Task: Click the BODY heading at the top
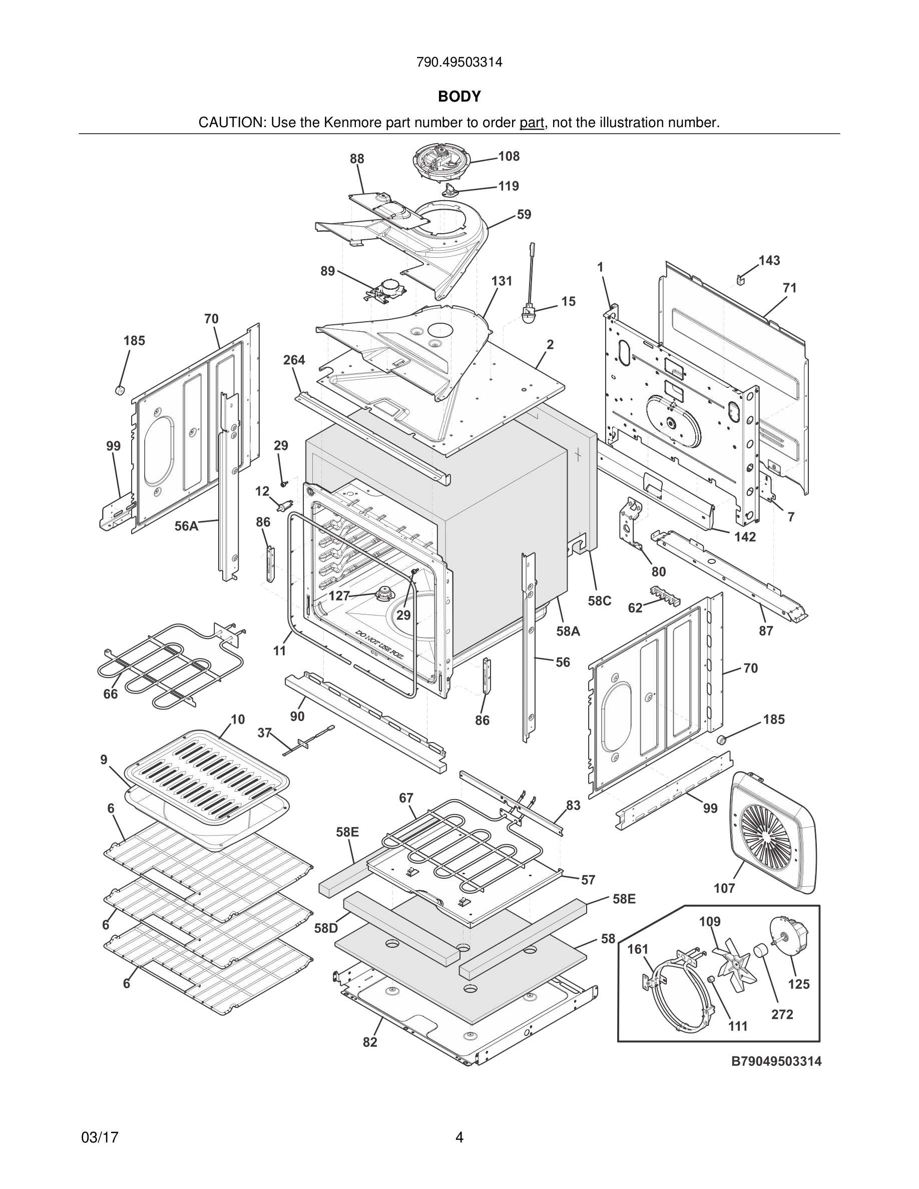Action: click(x=459, y=97)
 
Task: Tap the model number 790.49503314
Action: click(x=459, y=63)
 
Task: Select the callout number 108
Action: click(x=509, y=156)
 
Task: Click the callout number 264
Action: click(x=294, y=360)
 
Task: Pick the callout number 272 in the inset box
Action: click(x=782, y=1014)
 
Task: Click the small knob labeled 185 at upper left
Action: click(x=120, y=390)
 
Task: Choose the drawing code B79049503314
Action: click(x=776, y=1061)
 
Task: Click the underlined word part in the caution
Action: click(x=532, y=123)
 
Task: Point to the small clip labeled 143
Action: click(x=740, y=280)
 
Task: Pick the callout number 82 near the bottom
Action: click(x=370, y=1042)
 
